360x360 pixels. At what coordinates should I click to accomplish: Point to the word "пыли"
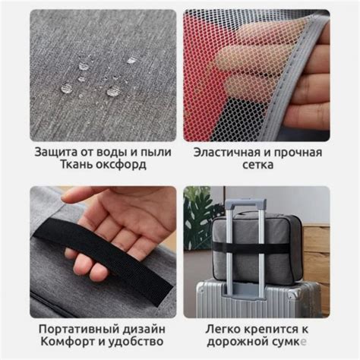(x=156, y=152)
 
